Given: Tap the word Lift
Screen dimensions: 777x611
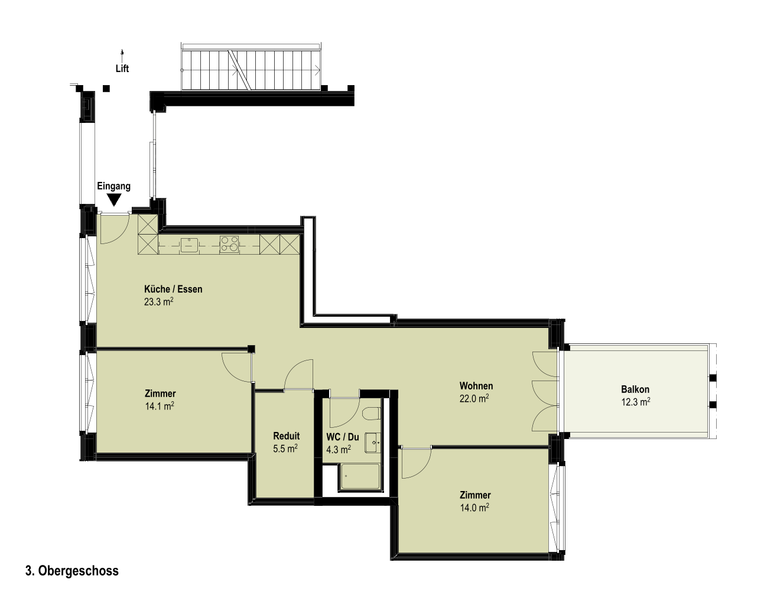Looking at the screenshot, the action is click(x=122, y=69).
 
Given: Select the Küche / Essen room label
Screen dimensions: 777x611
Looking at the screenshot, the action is click(x=173, y=290).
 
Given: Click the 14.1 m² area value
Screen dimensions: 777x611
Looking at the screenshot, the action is click(x=160, y=407).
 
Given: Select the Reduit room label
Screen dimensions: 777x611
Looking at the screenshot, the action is click(x=287, y=436).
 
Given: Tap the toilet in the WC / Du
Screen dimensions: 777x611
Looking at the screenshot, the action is click(x=372, y=414).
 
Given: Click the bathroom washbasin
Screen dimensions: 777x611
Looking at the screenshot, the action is click(x=373, y=443).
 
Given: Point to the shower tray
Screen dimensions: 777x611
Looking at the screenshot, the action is click(x=360, y=477).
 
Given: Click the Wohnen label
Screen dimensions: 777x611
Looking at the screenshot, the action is click(x=476, y=386).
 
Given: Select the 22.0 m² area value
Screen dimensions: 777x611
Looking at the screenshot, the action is click(x=474, y=399).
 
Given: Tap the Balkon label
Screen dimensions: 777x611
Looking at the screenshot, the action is click(x=635, y=389).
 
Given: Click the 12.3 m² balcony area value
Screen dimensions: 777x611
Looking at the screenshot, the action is click(x=635, y=402).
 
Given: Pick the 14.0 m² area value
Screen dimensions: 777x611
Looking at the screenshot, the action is click(x=474, y=508).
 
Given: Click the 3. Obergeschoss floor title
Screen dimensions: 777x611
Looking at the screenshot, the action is click(x=72, y=571).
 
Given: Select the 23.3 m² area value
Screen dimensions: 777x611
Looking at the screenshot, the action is click(x=158, y=302).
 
